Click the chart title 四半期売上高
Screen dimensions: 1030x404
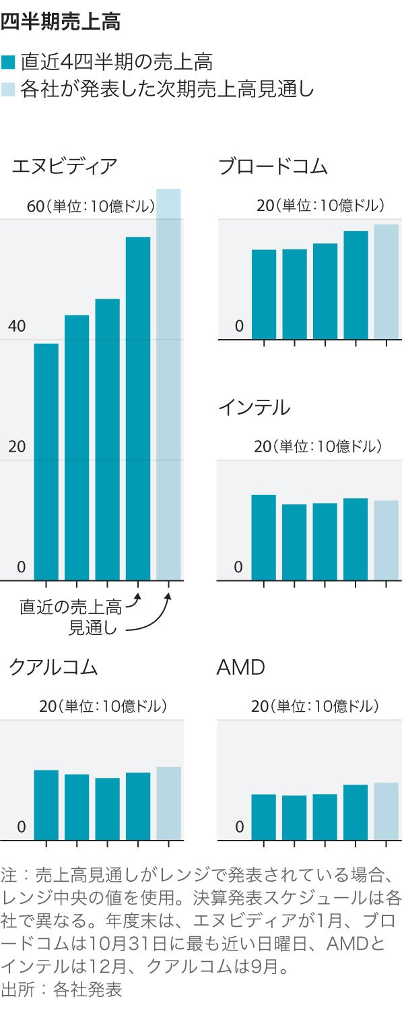pyautogui.click(x=60, y=22)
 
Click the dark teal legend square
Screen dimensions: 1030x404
pyautogui.click(x=8, y=63)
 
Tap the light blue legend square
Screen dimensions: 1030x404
pyautogui.click(x=8, y=89)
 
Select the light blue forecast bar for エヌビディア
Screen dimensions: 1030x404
pyautogui.click(x=168, y=384)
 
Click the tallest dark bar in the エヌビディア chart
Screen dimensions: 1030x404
pyautogui.click(x=138, y=408)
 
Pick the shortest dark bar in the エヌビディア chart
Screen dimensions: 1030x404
pyautogui.click(x=46, y=462)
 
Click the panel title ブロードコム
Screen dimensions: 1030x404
pyautogui.click(x=273, y=166)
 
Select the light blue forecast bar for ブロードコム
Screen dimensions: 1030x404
pyautogui.click(x=386, y=281)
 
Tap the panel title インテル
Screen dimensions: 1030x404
pyautogui.click(x=254, y=408)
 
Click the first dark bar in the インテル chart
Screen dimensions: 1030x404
pyautogui.click(x=264, y=537)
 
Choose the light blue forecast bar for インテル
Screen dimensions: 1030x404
pyautogui.click(x=386, y=540)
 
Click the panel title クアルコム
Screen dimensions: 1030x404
pyautogui.click(x=53, y=667)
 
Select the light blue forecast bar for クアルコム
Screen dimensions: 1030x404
pyautogui.click(x=168, y=804)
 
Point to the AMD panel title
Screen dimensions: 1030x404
pyautogui.click(x=240, y=667)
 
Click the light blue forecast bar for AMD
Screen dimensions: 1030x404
pyautogui.click(x=386, y=811)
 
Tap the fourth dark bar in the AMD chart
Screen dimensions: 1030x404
pyautogui.click(x=356, y=812)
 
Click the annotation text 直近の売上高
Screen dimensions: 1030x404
pyautogui.click(x=71, y=607)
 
